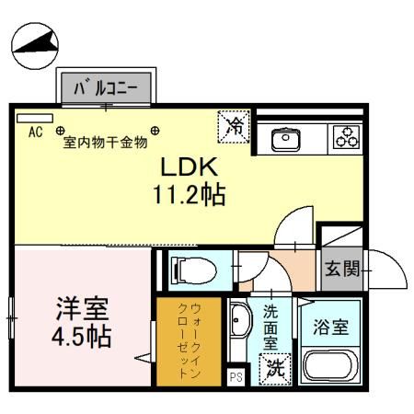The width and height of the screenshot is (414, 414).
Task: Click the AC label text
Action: click(35, 132)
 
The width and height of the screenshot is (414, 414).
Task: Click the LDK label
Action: click(190, 168)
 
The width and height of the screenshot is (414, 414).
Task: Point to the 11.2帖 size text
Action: click(190, 195)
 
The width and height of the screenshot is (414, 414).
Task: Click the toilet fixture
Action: click(190, 269)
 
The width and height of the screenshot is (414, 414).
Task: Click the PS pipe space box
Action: click(235, 376)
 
